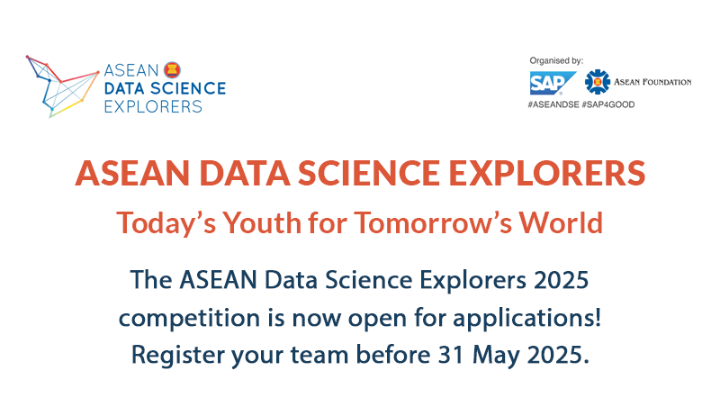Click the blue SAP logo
click(x=553, y=83)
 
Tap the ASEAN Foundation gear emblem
click(x=598, y=82)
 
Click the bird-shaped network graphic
click(x=62, y=86)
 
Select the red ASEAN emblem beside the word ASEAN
click(x=172, y=70)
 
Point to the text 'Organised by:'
click(x=556, y=60)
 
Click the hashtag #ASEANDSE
click(x=553, y=104)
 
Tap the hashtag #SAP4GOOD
click(x=608, y=104)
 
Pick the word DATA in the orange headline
click(x=244, y=173)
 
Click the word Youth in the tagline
click(x=262, y=222)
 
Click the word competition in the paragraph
click(x=189, y=318)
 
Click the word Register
click(x=178, y=355)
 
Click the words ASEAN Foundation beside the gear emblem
click(x=652, y=82)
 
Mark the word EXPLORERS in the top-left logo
click(x=153, y=106)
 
